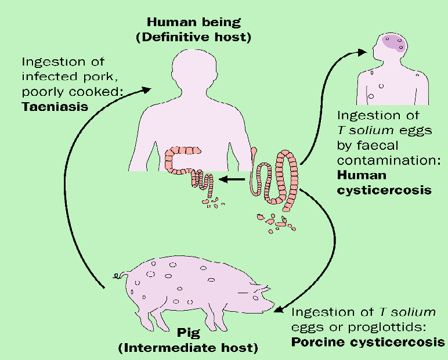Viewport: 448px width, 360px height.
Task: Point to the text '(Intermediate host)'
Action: click(x=188, y=349)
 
